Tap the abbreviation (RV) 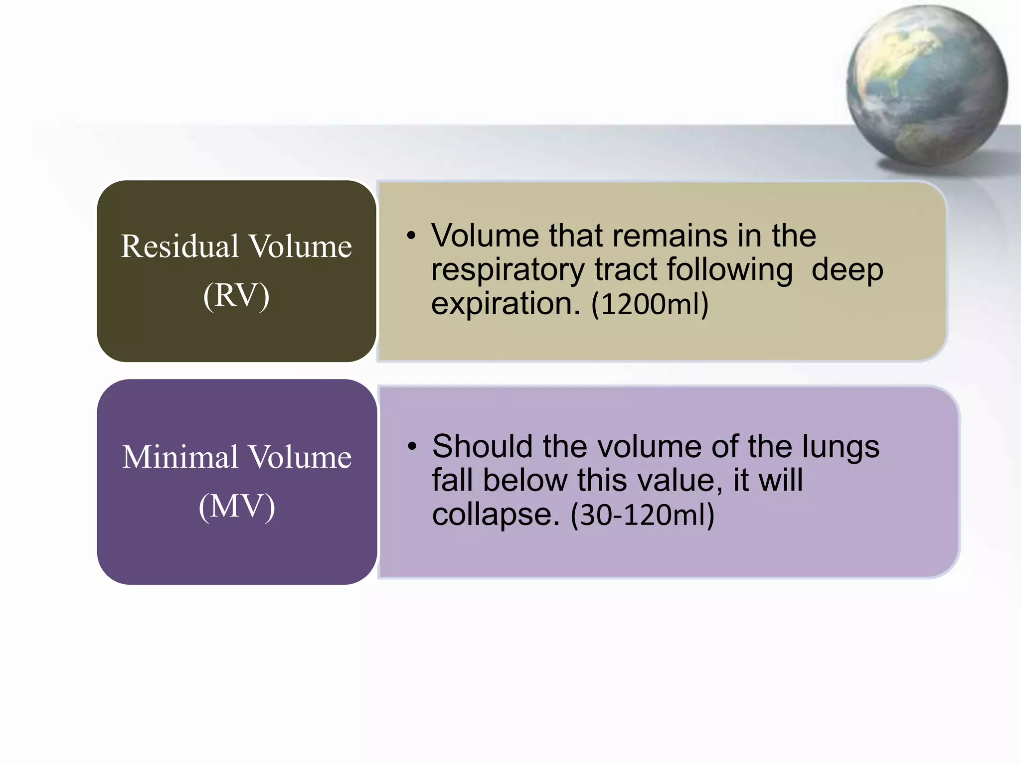(236, 295)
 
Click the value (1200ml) (650, 304)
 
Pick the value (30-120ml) (643, 515)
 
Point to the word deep (848, 270)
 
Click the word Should (483, 446)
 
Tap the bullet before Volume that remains (411, 236)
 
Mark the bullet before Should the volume (411, 447)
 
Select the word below (525, 480)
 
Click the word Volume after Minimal (300, 457)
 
